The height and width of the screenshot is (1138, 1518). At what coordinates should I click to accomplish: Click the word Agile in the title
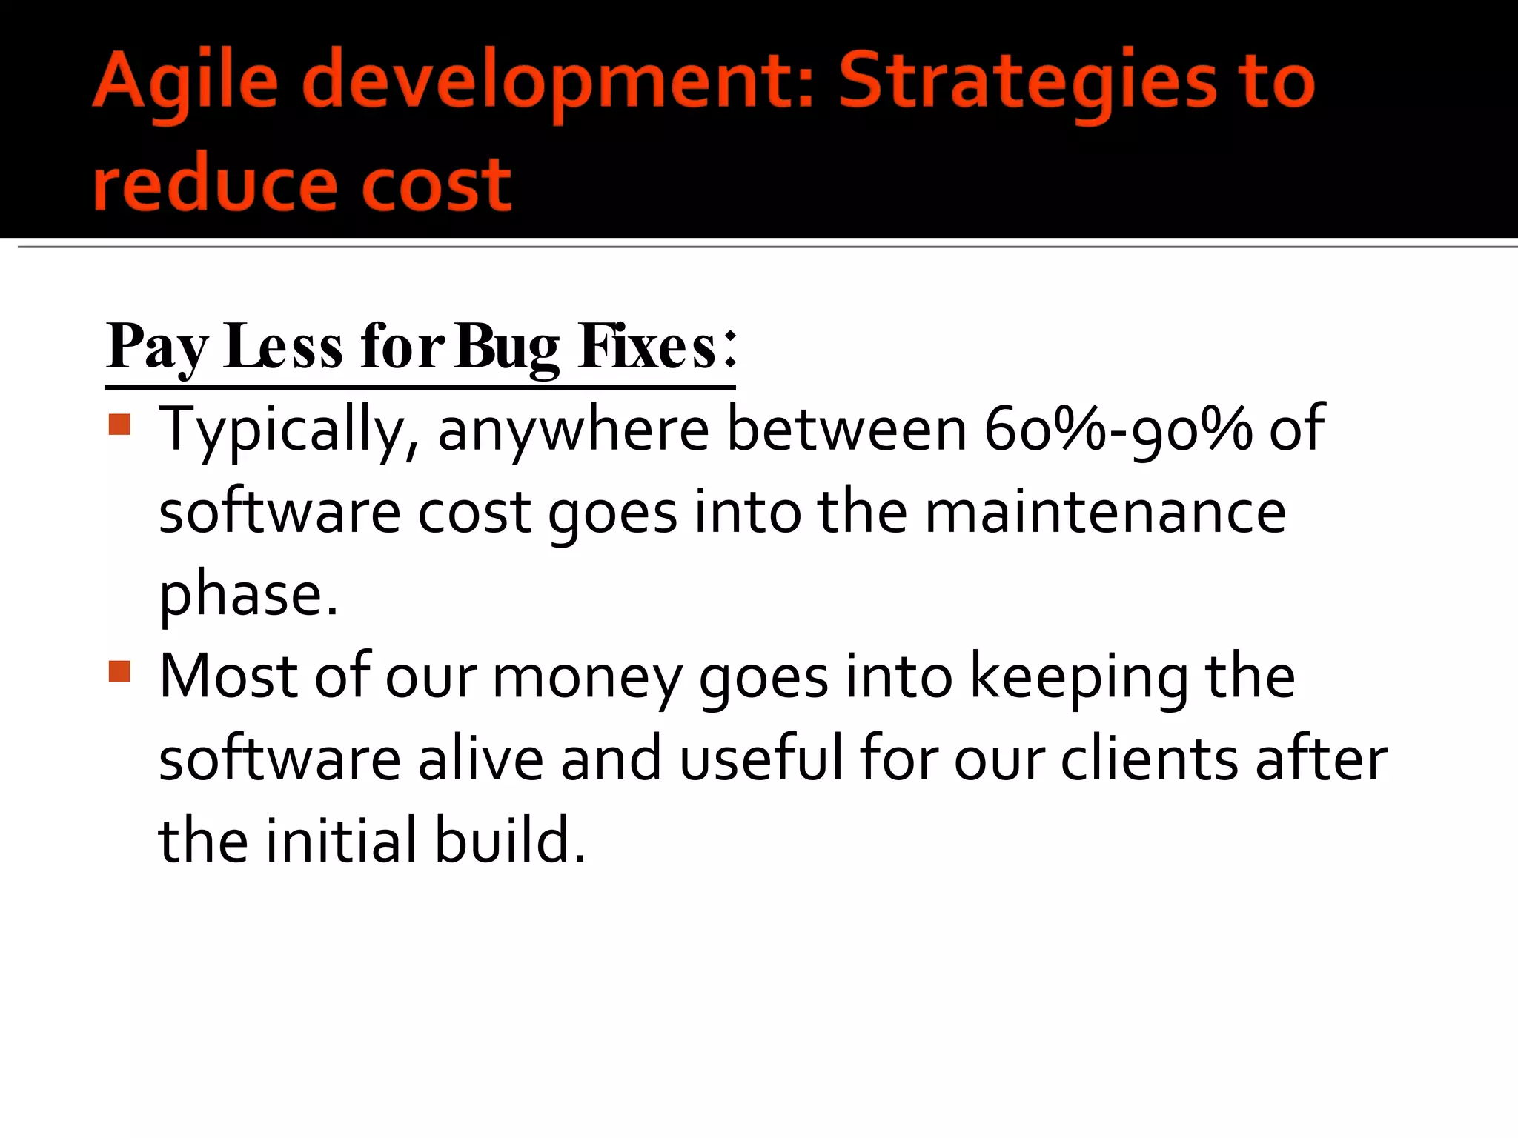185,81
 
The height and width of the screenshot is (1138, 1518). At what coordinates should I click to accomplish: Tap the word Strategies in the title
1027,81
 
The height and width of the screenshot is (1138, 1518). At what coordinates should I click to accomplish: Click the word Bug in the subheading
507,347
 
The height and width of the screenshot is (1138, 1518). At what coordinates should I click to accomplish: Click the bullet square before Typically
119,425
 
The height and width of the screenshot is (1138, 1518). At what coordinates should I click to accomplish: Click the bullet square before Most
119,671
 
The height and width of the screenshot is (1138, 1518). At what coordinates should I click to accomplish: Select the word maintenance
1104,513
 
